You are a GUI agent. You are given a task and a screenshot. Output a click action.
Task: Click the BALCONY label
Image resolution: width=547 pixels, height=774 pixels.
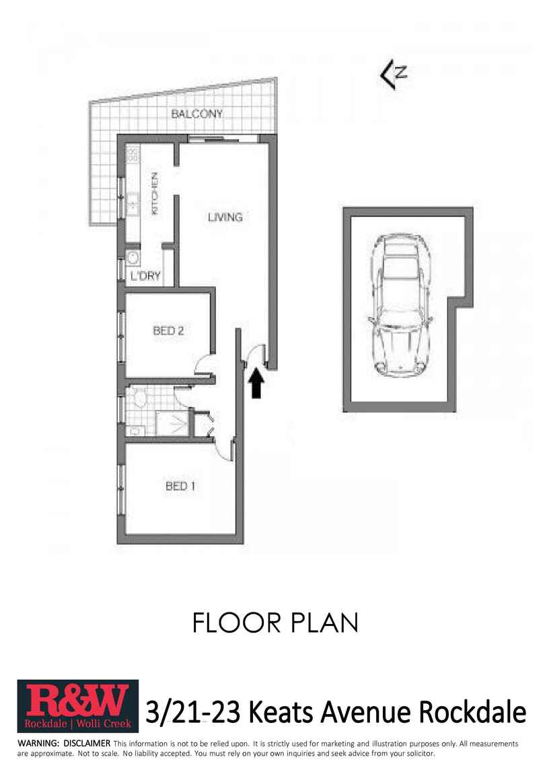coord(196,114)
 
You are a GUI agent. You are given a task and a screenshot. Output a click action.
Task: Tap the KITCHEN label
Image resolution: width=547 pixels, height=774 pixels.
coord(154,194)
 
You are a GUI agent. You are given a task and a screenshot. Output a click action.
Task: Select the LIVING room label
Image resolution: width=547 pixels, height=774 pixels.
coord(225,217)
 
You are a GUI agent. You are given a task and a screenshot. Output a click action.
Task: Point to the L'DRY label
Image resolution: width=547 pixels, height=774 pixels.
coord(145,276)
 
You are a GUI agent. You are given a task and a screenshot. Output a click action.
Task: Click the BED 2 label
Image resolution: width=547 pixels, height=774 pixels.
coord(168,330)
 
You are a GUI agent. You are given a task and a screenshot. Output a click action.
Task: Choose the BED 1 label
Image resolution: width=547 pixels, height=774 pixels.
coord(180,485)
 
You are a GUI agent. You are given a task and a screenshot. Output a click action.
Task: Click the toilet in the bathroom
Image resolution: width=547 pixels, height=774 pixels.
coord(140,400)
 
